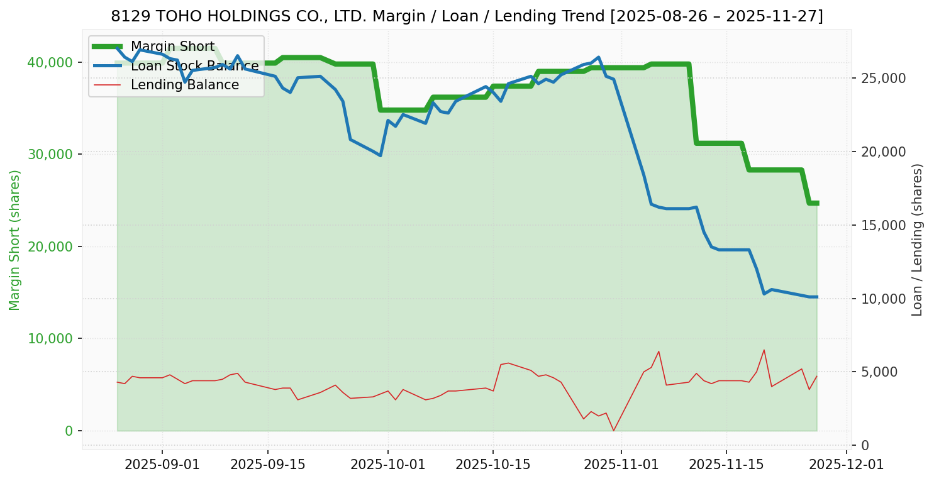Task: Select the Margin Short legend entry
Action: coord(172,47)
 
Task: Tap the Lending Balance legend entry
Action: coord(184,85)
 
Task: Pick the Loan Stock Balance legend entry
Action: coord(194,66)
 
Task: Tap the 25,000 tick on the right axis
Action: coord(879,79)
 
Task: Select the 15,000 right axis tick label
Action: coord(879,225)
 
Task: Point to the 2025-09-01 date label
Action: coord(162,465)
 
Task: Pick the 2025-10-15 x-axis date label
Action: coord(492,465)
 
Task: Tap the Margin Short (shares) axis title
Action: coord(15,240)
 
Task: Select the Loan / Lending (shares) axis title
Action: coord(917,240)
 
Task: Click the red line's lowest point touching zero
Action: coord(614,430)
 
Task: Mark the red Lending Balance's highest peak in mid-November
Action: coord(764,350)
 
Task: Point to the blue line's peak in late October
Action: coord(599,57)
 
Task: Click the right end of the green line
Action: coord(816,203)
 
